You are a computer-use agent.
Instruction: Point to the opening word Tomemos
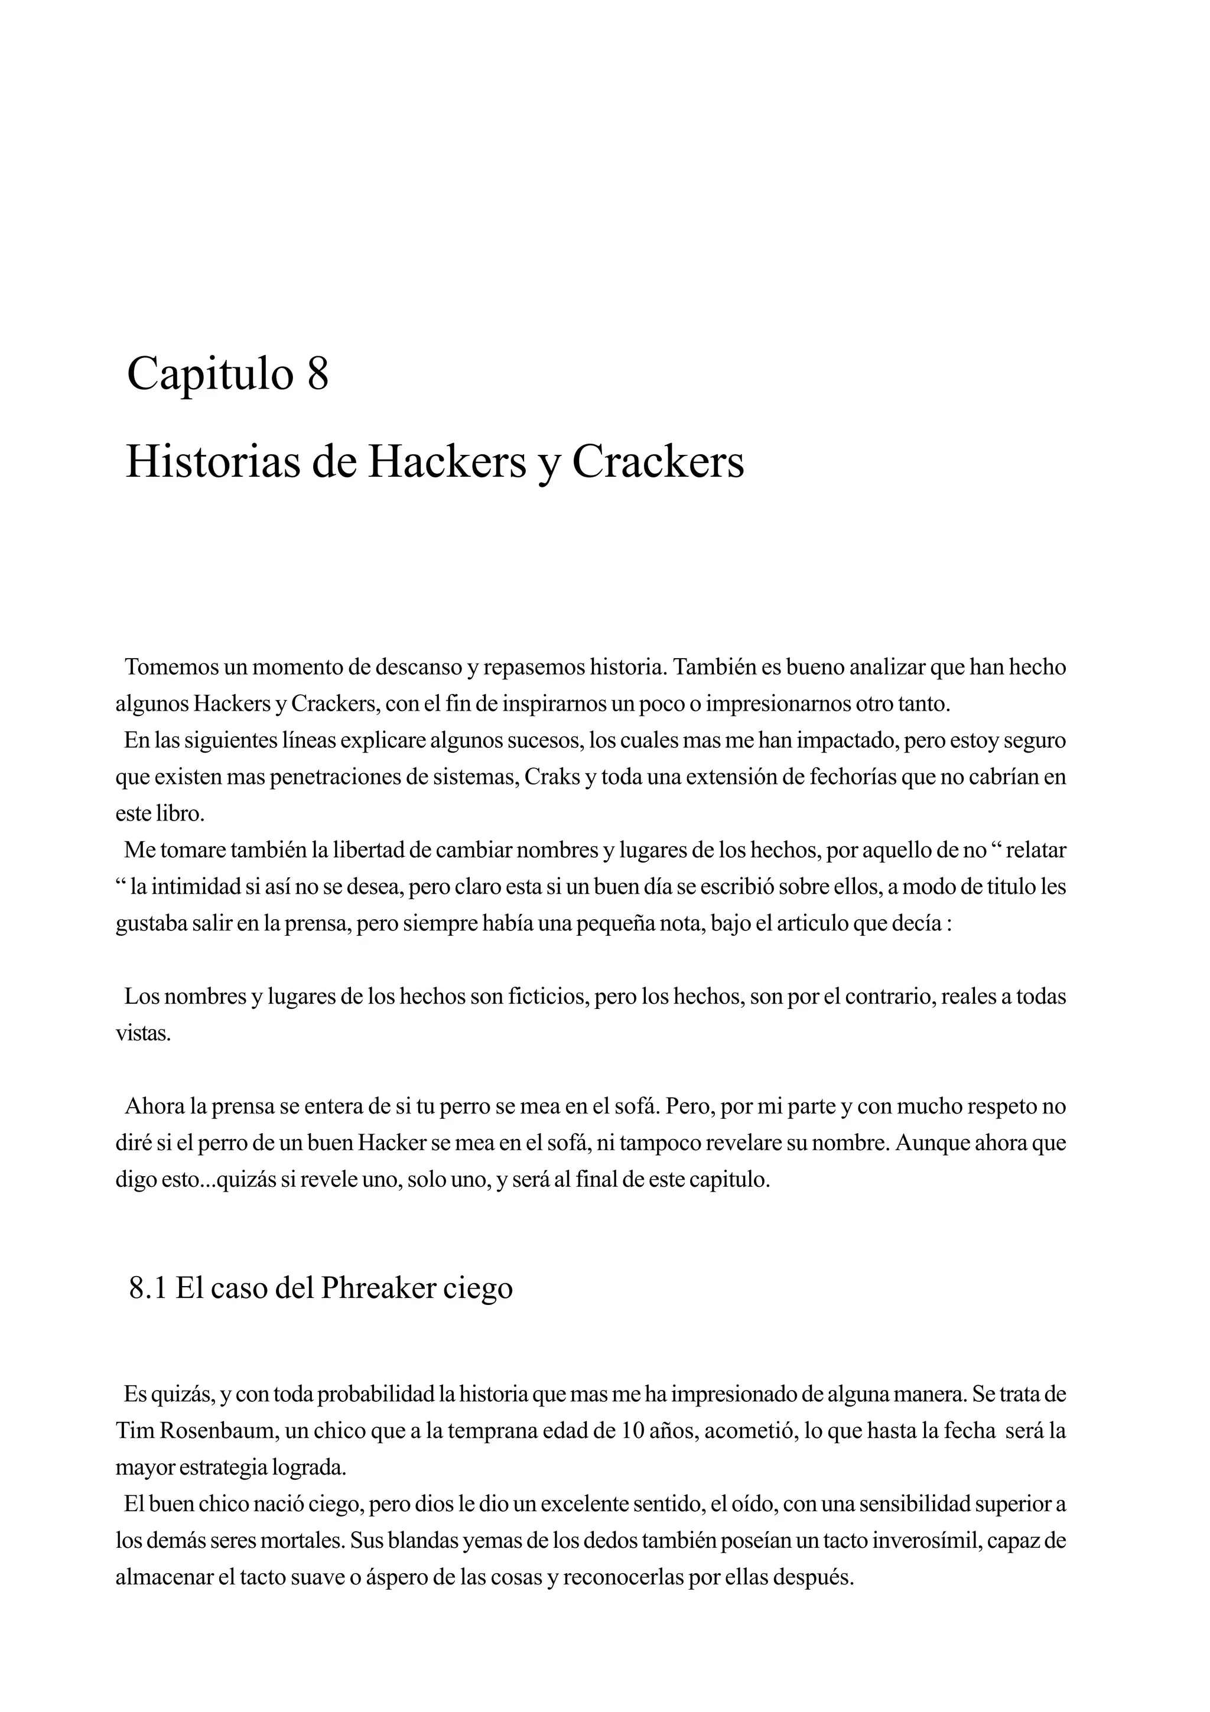173,668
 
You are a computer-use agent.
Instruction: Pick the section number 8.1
148,1288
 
